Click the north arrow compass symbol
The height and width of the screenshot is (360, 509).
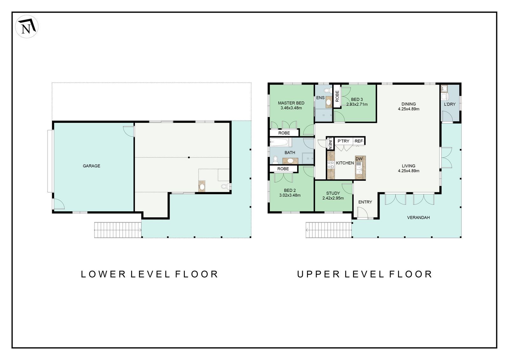(x=27, y=27)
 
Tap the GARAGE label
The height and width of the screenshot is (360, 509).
(x=91, y=166)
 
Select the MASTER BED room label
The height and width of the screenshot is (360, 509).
(x=291, y=103)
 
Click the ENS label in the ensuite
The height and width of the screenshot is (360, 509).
(x=320, y=98)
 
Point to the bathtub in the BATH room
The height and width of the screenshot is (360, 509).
(x=280, y=142)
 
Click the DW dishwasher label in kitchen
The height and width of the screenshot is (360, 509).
(x=359, y=159)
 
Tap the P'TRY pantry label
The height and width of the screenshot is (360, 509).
(x=343, y=141)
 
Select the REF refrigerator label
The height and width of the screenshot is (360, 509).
(x=359, y=141)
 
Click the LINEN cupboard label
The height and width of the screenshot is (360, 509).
(x=330, y=143)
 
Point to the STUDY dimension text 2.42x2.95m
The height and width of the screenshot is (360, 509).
(x=333, y=198)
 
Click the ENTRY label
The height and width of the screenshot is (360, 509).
(x=365, y=202)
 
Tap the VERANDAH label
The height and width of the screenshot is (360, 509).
(x=418, y=218)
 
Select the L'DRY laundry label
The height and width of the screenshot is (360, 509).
(x=450, y=104)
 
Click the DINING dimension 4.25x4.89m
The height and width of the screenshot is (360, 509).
(x=408, y=109)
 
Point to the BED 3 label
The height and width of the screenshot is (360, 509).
(x=357, y=100)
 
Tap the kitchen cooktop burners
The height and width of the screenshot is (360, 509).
(x=331, y=165)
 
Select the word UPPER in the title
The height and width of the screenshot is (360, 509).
(x=318, y=274)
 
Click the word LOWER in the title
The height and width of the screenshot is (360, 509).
(x=103, y=274)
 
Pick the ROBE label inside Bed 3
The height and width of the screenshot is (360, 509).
(x=337, y=96)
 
